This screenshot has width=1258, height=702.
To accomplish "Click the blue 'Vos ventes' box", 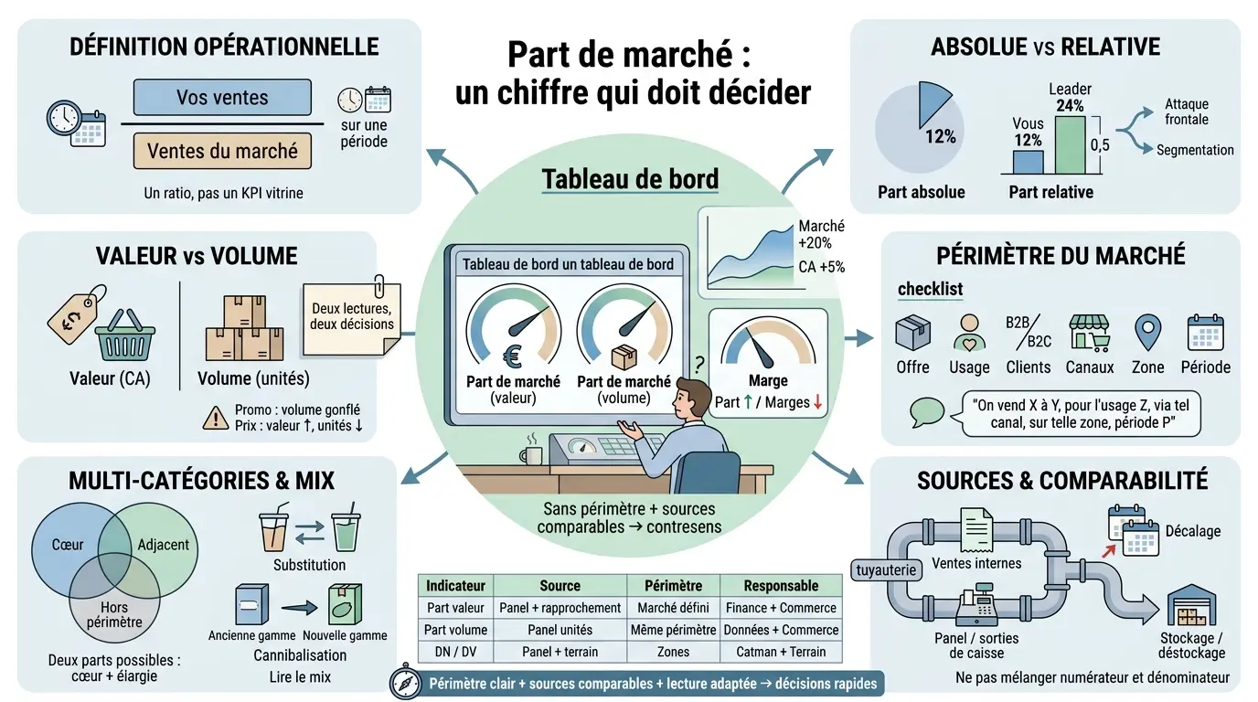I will point(222,97).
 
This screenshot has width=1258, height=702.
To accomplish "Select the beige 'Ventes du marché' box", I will point(222,151).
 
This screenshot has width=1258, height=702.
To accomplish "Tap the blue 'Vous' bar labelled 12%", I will point(1028,162).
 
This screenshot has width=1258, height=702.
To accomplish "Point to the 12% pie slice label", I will point(940,136).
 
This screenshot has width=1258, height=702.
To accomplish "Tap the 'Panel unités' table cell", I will point(560,630).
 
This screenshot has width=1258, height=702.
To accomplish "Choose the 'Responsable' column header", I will point(780,586).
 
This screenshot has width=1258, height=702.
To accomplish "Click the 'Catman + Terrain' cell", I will point(780,652).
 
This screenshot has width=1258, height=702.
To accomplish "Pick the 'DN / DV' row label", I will point(456,652).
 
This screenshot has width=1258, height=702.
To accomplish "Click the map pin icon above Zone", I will point(1147,332).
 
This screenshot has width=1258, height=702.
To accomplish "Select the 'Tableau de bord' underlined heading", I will point(630,179).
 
